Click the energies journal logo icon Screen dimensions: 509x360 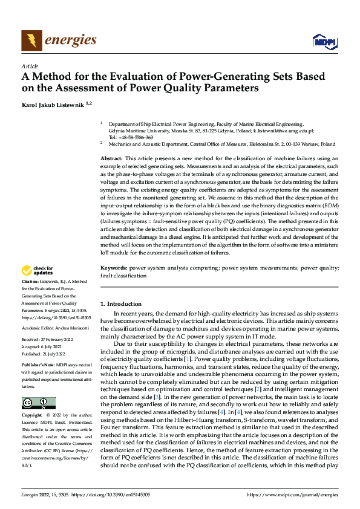[32, 40]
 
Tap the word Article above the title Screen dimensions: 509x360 [30, 66]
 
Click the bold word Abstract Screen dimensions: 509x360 [113, 158]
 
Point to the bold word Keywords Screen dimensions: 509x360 [113, 267]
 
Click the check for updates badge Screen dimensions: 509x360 [37, 271]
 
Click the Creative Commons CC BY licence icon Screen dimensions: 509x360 [39, 403]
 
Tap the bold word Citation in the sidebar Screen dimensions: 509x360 [31, 282]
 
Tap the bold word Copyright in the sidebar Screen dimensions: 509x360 [33, 416]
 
